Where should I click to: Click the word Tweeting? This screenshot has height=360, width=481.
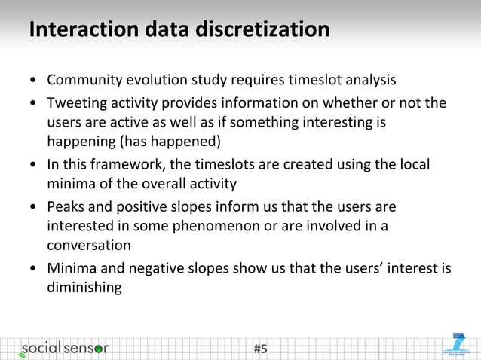point(77,102)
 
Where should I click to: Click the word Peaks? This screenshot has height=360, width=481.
point(66,206)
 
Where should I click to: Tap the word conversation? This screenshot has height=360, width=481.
point(89,246)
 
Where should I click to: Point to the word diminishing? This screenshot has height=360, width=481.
point(84,287)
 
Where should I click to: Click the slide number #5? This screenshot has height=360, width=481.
point(261,349)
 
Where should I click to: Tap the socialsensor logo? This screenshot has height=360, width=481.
point(64,348)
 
